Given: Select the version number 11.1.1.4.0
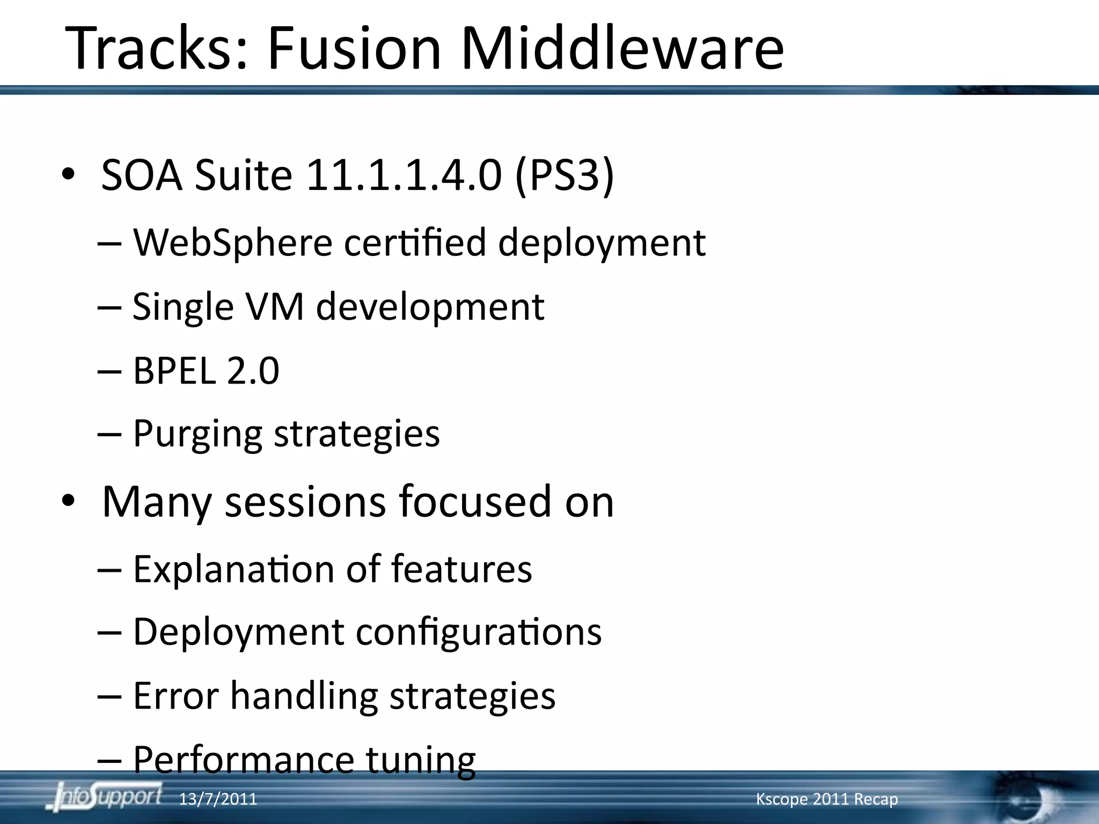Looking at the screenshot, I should pyautogui.click(x=404, y=175).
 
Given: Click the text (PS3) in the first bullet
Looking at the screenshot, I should pyautogui.click(x=564, y=175).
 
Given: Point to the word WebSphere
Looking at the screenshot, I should pyautogui.click(x=232, y=243).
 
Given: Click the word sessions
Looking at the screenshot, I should pyautogui.click(x=305, y=502).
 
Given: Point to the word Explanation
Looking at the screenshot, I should pyautogui.click(x=233, y=569).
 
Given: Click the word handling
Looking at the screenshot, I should pyautogui.click(x=304, y=696).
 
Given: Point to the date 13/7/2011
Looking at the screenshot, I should pyautogui.click(x=218, y=799).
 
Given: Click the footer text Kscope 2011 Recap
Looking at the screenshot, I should pyautogui.click(x=826, y=799).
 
